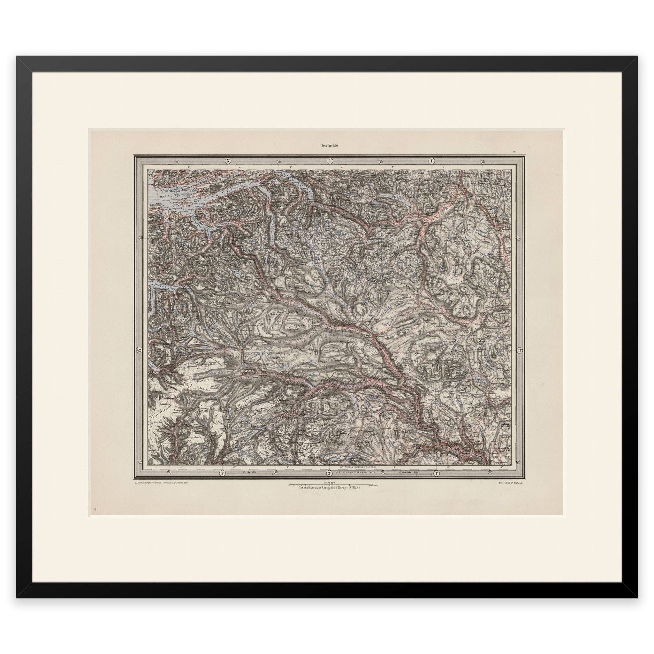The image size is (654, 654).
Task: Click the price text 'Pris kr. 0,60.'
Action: [330, 146]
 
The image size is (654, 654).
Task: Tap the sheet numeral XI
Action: [514, 152]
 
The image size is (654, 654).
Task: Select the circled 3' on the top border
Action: [228, 161]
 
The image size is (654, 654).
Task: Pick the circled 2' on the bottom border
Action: [329, 473]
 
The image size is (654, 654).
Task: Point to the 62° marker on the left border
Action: [140, 350]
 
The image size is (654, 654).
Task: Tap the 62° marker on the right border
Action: [520, 350]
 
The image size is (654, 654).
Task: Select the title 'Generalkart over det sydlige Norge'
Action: [329, 488]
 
